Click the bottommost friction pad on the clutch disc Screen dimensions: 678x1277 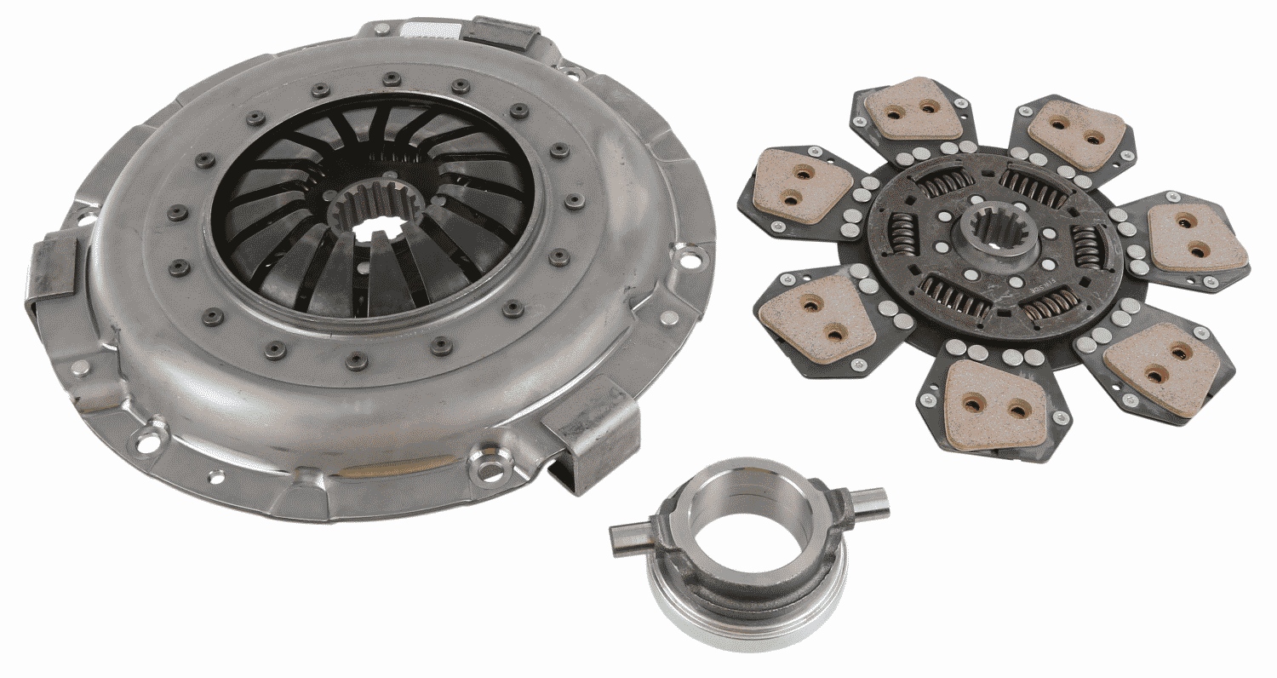click(x=994, y=403)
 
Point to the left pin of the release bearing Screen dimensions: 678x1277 click(x=630, y=537)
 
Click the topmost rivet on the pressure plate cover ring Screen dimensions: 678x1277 click(x=391, y=78)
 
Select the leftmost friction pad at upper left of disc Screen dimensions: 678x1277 click(x=804, y=186)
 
